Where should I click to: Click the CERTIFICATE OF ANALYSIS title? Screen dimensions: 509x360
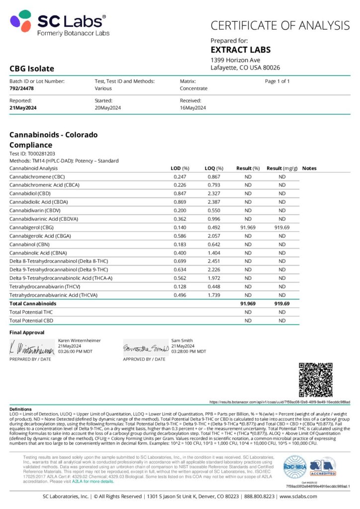pyautogui.click(x=280, y=25)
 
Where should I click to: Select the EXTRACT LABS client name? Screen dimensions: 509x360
pyautogui.click(x=241, y=50)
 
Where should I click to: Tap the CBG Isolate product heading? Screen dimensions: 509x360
pyautogui.click(x=32, y=69)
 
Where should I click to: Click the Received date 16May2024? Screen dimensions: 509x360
pyautogui.click(x=193, y=107)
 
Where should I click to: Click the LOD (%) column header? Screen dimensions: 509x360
pyautogui.click(x=180, y=169)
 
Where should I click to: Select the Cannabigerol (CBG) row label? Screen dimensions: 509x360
pyautogui.click(x=34, y=227)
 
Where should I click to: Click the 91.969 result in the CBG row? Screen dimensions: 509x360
pyautogui.click(x=247, y=227)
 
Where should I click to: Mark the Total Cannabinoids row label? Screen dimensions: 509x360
pyautogui.click(x=32, y=303)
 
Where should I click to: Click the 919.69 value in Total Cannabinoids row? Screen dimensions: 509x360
pyautogui.click(x=282, y=303)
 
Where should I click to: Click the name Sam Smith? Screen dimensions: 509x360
pyautogui.click(x=181, y=340)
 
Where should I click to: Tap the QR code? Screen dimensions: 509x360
pyautogui.click(x=315, y=380)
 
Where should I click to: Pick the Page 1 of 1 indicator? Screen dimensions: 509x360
pyautogui.click(x=277, y=81)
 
